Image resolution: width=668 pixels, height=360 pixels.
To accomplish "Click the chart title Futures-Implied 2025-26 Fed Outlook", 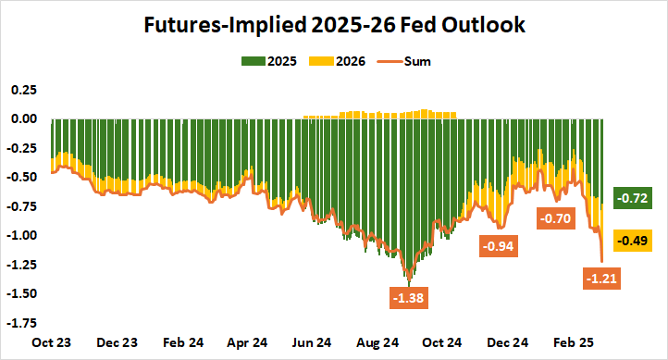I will tap(334, 25).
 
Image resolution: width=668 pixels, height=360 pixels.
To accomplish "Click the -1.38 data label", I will tap(408, 299).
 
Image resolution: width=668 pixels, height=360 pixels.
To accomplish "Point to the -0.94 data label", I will tap(497, 246).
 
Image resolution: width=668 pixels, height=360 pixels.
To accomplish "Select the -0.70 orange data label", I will tap(556, 218).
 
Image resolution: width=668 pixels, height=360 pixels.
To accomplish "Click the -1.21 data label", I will tap(602, 277).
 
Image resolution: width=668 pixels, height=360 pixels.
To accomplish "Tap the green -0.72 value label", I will tap(635, 198).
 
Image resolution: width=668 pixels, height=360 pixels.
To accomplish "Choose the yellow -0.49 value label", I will tap(635, 241).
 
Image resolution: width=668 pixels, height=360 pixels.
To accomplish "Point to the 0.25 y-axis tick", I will tap(24, 90).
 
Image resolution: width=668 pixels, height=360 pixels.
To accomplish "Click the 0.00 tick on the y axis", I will tap(24, 118).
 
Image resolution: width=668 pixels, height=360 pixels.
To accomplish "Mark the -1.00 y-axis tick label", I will tap(22, 235).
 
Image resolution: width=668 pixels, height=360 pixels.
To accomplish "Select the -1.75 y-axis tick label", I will tap(22, 323).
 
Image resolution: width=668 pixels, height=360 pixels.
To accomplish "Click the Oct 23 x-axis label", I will tap(53, 341).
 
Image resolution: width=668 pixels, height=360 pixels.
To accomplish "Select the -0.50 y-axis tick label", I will tap(22, 177).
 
